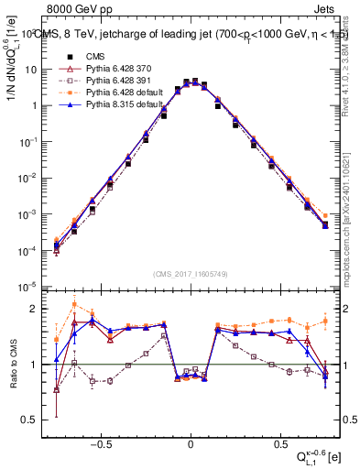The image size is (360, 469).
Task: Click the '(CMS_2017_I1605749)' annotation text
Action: pyautogui.click(x=191, y=274)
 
